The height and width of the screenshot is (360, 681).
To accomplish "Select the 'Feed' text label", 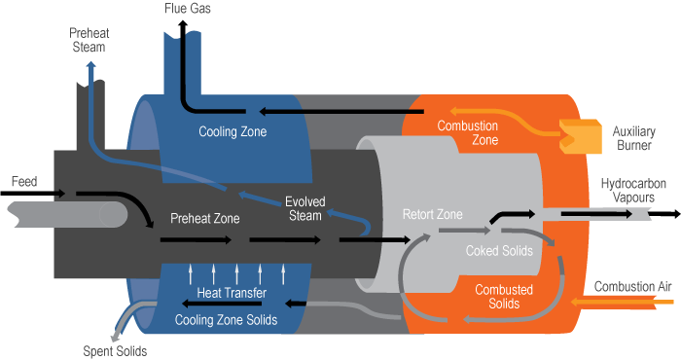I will point(24,181).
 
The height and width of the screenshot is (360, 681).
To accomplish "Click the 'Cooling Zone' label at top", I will point(233,131).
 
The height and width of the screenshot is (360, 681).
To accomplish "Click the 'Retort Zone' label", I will point(434,214).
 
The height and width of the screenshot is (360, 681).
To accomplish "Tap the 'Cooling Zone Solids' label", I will point(226,319).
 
